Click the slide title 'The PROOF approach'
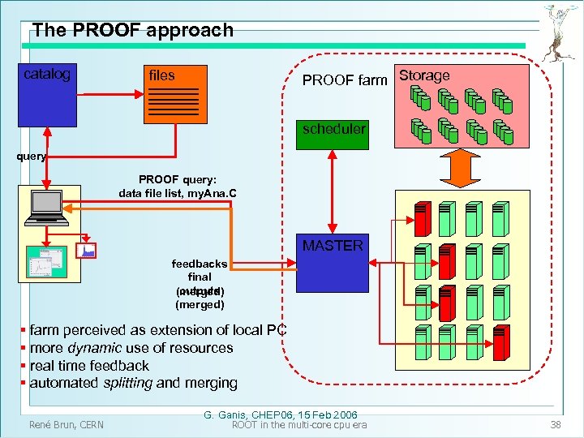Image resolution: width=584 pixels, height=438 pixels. pos(132,31)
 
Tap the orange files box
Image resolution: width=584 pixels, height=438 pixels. pos(174,92)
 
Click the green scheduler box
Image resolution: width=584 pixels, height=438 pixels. pos(333,130)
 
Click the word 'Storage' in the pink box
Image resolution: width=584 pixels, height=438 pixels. pos(424,75)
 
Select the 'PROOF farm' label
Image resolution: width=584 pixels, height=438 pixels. pos(345,79)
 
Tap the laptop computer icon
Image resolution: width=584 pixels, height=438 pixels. pos(46,209)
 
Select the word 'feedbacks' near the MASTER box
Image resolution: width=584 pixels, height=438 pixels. pos(200,264)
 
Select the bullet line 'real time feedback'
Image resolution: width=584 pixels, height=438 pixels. pos(89,366)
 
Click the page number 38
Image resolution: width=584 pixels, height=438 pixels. pos(556,424)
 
